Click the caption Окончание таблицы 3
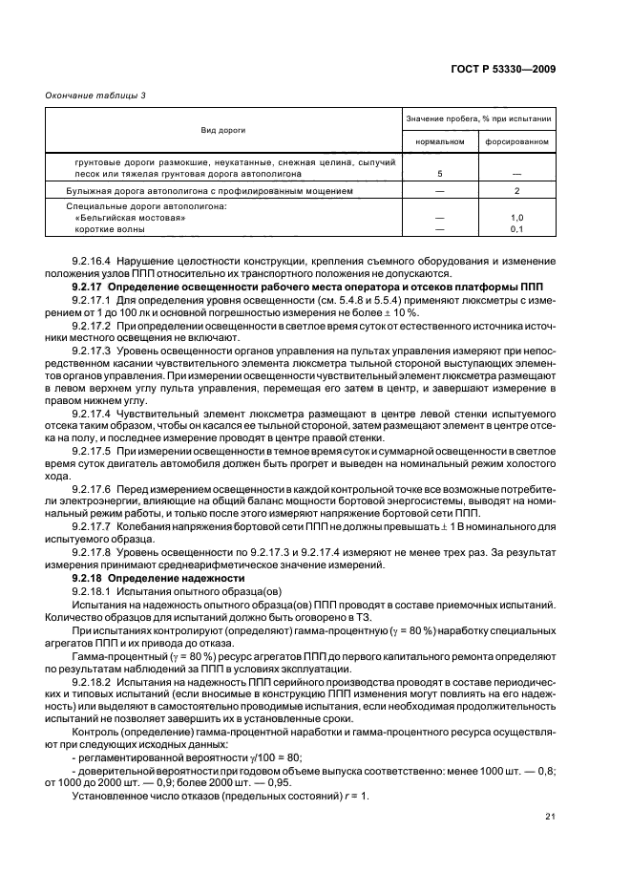pyautogui.click(x=88, y=94)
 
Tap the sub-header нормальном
pyautogui.click(x=439, y=141)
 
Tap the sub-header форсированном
pyautogui.click(x=516, y=141)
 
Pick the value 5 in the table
pyautogui.click(x=439, y=175)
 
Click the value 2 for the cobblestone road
pyautogui.click(x=516, y=191)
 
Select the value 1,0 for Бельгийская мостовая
pyautogui.click(x=516, y=218)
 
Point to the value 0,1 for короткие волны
pyautogui.click(x=516, y=229)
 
